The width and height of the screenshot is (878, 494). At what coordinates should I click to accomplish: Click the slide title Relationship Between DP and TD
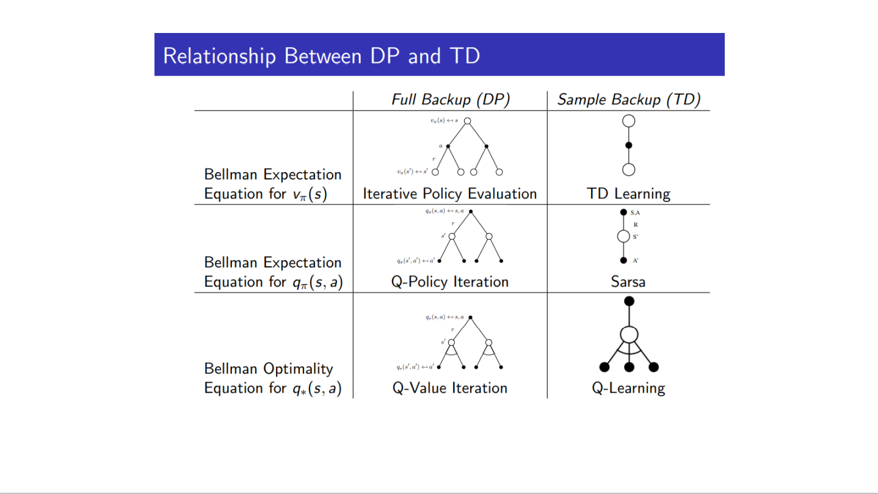[321, 56]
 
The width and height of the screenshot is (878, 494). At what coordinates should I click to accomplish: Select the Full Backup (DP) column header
[450, 100]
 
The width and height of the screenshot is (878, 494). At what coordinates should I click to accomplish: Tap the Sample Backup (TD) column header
[628, 100]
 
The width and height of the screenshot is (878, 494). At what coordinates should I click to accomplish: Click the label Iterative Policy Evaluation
[450, 194]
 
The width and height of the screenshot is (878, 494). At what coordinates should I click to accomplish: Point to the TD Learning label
[629, 194]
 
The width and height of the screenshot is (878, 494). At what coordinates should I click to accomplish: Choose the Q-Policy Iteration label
[450, 282]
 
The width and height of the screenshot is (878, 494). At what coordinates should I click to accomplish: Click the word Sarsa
[629, 282]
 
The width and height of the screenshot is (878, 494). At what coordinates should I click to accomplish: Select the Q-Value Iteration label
[450, 388]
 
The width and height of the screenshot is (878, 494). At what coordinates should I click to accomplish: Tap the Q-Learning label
[629, 388]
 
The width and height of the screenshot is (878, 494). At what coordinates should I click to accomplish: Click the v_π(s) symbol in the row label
[308, 195]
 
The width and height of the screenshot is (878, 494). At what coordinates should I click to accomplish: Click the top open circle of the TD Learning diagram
[629, 121]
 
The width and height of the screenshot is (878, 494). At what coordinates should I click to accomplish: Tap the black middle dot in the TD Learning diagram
[629, 145]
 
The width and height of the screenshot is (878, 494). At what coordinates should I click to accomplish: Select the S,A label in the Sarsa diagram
[635, 212]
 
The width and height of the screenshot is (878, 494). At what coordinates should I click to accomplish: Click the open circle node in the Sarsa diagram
[623, 236]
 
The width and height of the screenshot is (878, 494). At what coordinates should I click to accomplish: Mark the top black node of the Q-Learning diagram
[629, 301]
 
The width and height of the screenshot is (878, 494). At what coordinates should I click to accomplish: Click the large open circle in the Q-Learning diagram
[629, 335]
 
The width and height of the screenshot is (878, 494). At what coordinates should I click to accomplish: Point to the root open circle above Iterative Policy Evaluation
[467, 121]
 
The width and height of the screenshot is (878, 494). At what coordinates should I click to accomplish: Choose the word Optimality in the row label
[298, 369]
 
